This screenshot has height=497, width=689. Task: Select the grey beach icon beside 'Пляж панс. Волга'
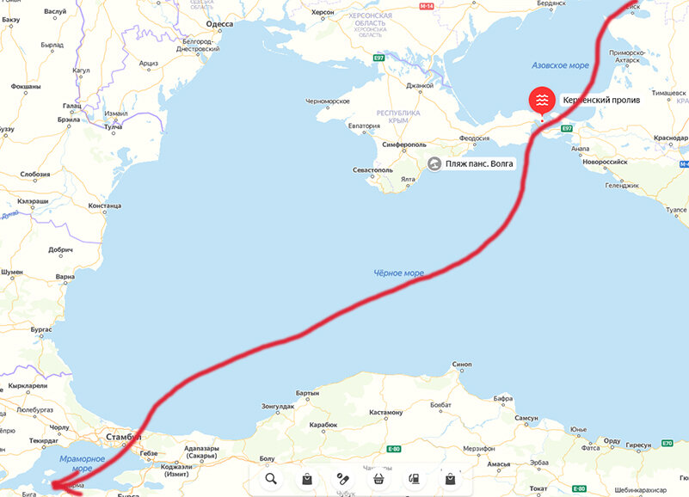tap(435, 163)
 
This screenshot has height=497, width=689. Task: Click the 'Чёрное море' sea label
tap(398, 273)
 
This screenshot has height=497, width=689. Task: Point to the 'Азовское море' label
tap(560, 65)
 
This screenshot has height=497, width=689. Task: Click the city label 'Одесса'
tap(218, 24)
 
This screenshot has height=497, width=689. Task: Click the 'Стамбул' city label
tap(120, 438)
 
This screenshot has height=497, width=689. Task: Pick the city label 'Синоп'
tap(462, 365)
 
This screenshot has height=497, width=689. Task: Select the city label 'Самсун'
tap(526, 418)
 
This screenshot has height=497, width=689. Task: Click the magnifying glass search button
tap(271, 479)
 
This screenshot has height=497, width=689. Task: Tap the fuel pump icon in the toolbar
tap(414, 479)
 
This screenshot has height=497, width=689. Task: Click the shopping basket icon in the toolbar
tap(378, 479)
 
